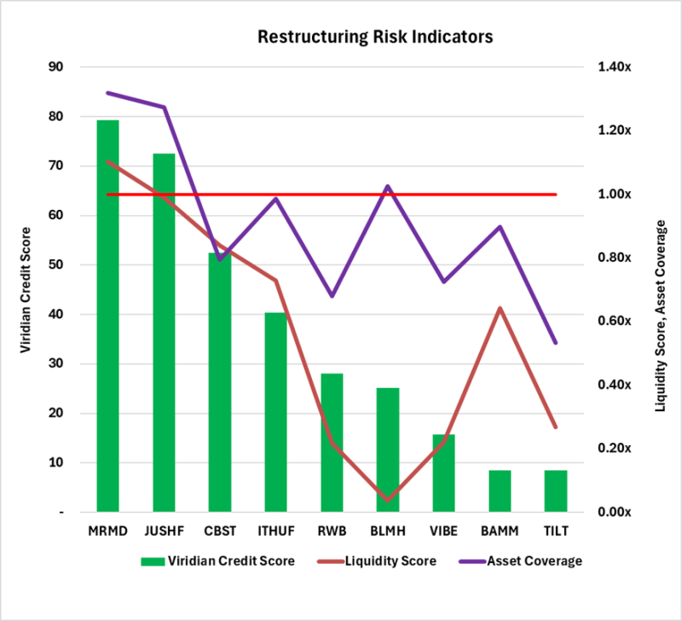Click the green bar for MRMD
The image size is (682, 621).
coord(107,316)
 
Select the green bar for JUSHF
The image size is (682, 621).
coord(164,333)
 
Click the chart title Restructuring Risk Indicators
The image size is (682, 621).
coord(375,38)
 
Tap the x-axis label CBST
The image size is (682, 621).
coord(219,531)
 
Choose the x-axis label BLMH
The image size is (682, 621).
coord(387,531)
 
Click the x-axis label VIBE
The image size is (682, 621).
coord(443,531)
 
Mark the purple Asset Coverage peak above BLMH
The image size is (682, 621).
coord(388,186)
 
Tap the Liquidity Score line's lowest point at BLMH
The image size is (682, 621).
coord(388,500)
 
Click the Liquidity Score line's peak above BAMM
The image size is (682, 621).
coord(500,308)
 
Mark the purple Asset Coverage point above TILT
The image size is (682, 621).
coord(556,343)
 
